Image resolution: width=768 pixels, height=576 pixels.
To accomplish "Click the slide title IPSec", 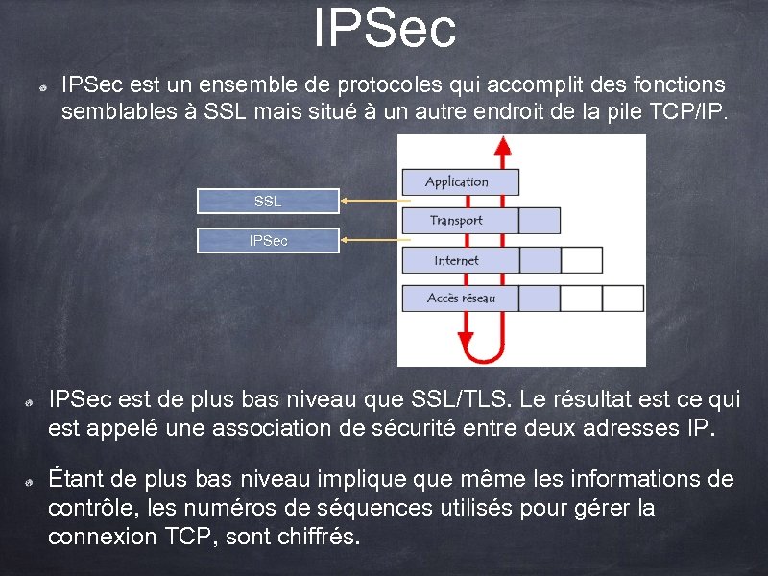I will click(384, 29).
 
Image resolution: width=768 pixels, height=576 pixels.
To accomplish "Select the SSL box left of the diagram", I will click(268, 202).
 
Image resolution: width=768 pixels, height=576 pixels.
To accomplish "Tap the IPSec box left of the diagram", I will click(268, 241).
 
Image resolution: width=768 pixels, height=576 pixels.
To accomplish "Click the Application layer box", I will click(459, 182).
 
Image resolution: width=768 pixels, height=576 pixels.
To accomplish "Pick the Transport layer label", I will click(456, 221).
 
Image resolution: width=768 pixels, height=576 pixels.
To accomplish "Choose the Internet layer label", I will click(456, 260).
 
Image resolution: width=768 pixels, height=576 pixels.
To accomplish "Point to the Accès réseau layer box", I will click(461, 299).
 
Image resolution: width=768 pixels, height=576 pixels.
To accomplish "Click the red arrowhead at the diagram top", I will click(500, 146).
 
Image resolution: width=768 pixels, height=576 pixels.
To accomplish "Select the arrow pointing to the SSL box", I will click(374, 201).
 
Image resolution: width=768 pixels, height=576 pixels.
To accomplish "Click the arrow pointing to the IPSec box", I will click(374, 240).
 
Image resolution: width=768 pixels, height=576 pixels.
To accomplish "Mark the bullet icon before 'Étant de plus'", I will click(31, 480).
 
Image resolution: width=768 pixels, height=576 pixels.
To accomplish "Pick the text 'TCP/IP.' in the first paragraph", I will click(689, 112).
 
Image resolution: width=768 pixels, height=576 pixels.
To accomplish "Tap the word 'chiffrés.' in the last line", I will click(317, 537).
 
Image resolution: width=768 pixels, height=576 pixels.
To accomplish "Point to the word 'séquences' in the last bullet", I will click(378, 508).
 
